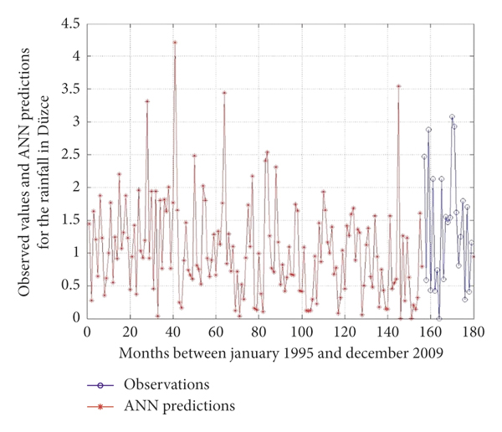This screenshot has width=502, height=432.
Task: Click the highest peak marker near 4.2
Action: [175, 42]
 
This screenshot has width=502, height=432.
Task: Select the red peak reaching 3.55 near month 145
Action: [399, 85]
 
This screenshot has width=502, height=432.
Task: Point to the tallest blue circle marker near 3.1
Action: [452, 117]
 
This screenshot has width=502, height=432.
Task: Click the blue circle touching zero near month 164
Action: [439, 318]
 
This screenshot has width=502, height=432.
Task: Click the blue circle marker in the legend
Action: [100, 385]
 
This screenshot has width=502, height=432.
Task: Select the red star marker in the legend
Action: [100, 407]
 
